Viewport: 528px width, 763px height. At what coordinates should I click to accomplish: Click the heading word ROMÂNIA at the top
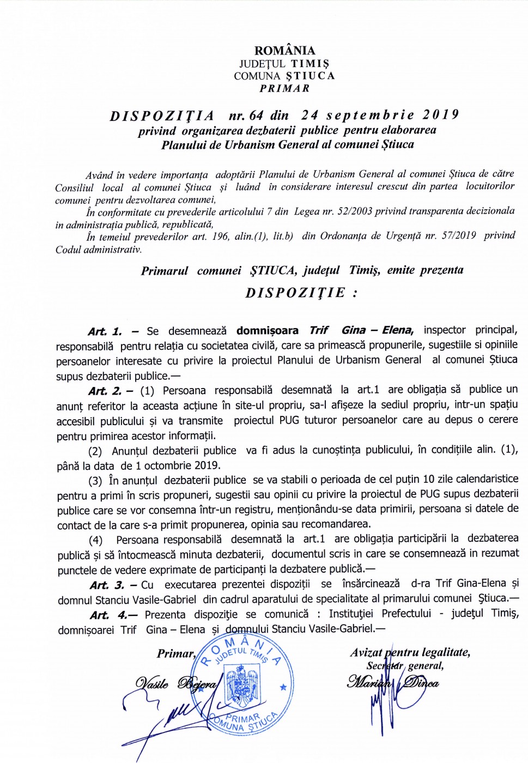[x=284, y=51]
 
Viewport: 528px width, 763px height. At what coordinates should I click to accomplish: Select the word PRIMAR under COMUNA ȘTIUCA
[x=284, y=88]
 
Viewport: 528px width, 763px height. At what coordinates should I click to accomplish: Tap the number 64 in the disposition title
[x=256, y=116]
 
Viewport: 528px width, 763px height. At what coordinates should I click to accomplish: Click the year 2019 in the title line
[x=440, y=115]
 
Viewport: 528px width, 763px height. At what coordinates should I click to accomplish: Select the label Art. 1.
[x=105, y=331]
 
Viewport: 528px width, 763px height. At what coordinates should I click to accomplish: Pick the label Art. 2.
[x=105, y=391]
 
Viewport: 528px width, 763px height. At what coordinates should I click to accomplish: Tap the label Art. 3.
[x=107, y=585]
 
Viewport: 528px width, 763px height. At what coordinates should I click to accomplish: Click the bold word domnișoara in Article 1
[x=267, y=330]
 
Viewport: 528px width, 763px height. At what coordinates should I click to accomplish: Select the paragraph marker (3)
[x=95, y=481]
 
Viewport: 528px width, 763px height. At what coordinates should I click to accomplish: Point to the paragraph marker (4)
[x=96, y=540]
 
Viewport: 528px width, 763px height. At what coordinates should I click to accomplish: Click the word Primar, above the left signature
[x=176, y=653]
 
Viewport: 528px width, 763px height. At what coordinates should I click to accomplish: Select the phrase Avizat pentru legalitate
[x=410, y=652]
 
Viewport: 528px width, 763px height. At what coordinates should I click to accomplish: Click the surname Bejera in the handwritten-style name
[x=197, y=683]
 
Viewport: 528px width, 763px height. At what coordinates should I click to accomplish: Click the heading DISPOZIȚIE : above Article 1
[x=301, y=293]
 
